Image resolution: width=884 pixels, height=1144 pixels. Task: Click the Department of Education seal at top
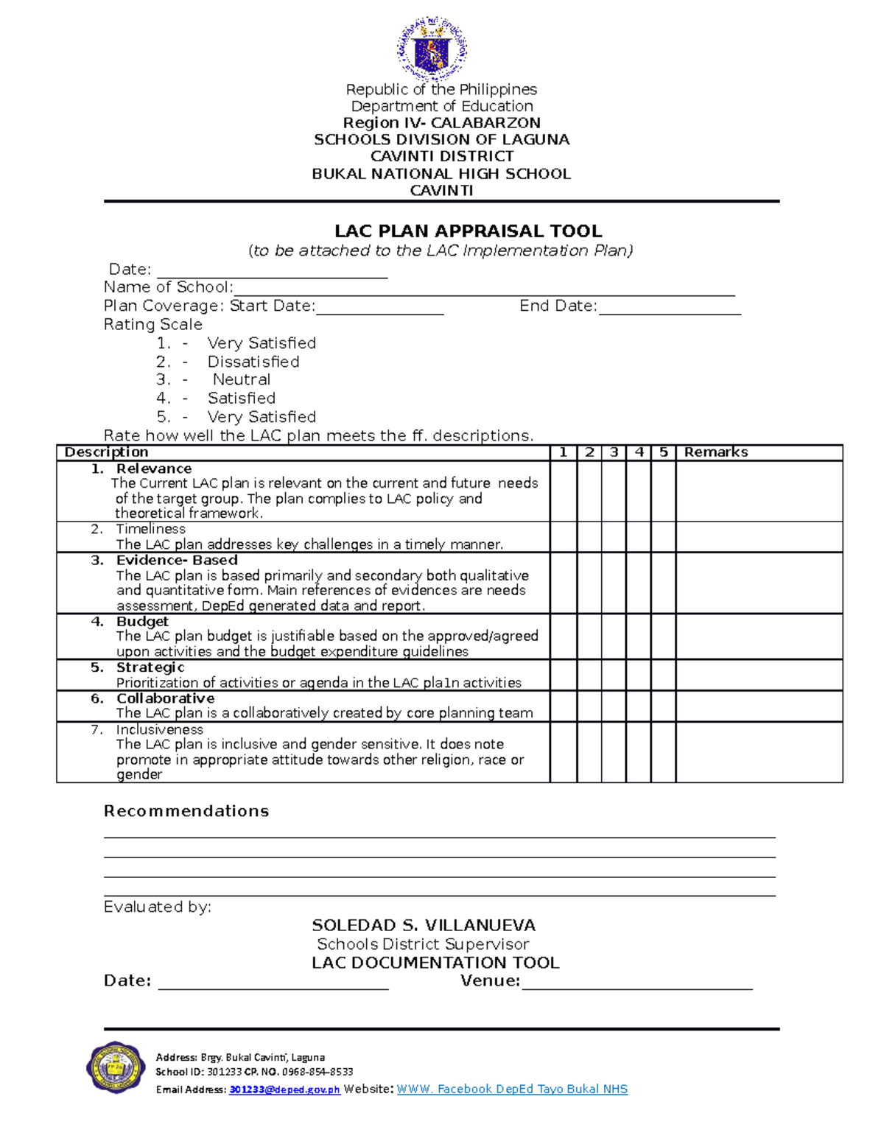click(x=432, y=49)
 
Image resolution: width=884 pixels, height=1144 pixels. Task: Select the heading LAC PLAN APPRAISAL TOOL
click(x=469, y=231)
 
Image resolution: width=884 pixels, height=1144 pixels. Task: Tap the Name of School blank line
click(x=484, y=289)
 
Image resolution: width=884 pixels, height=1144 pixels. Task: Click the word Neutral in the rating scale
click(x=241, y=380)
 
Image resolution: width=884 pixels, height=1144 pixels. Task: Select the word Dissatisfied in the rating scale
click(x=253, y=362)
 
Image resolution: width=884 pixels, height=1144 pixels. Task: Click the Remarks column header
click(x=715, y=452)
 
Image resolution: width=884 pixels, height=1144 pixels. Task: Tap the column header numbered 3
click(x=614, y=452)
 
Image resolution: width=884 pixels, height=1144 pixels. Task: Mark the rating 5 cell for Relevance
click(x=663, y=491)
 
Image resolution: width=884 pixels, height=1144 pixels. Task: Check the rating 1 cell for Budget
click(x=564, y=636)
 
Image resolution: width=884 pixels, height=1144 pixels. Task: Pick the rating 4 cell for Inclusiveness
click(x=639, y=751)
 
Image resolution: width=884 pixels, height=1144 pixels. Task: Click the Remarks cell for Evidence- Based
click(x=759, y=583)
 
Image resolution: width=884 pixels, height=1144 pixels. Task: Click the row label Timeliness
click(x=150, y=529)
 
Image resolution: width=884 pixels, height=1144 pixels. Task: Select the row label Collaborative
click(x=165, y=698)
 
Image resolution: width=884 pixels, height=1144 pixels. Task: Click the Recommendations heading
click(x=186, y=811)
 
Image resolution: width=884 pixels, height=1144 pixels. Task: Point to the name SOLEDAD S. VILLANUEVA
click(x=424, y=925)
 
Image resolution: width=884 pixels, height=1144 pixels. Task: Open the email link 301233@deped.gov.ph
click(x=284, y=1089)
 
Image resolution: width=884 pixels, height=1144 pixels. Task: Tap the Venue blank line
click(x=637, y=983)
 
